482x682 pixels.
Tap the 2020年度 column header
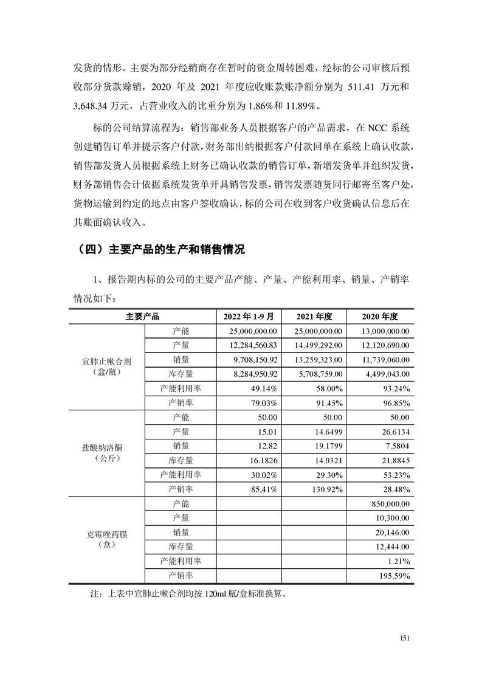(379, 317)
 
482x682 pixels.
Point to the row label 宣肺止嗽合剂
(106, 361)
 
